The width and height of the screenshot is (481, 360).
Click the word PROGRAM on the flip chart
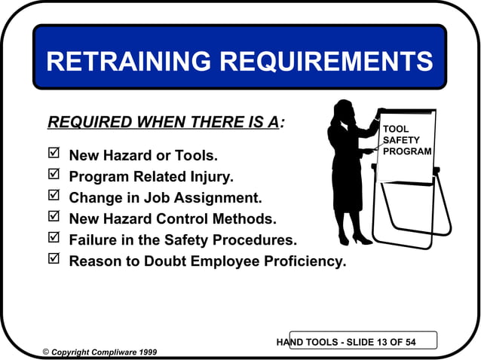(407, 151)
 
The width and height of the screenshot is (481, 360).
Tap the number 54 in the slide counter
(409, 343)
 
